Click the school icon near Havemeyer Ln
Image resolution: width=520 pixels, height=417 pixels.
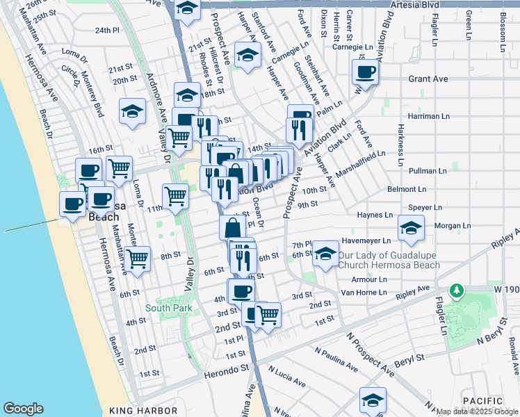pyautogui.click(x=412, y=227)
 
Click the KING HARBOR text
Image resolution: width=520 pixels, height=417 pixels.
pyautogui.click(x=139, y=411)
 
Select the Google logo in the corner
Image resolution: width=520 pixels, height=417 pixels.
pyautogui.click(x=23, y=409)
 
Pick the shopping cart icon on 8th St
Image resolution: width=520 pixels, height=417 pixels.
pyautogui.click(x=138, y=259)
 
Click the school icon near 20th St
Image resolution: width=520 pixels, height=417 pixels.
pyautogui.click(x=131, y=111)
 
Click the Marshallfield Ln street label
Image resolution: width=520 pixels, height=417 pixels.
pyautogui.click(x=361, y=165)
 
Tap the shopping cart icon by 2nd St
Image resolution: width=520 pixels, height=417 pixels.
pyautogui.click(x=268, y=313)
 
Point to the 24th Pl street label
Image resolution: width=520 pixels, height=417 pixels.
pyautogui.click(x=108, y=31)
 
